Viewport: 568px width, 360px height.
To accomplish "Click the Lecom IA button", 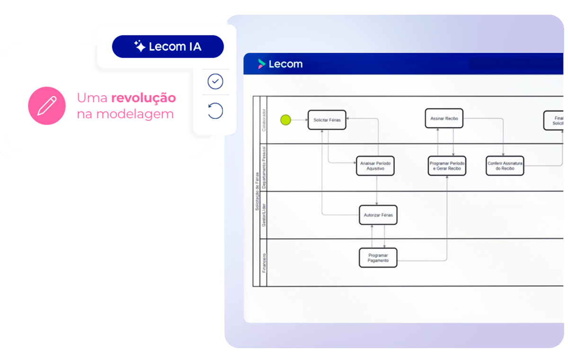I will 168,46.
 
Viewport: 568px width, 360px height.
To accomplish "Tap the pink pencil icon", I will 46,106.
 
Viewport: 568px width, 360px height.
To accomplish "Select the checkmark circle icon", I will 215,82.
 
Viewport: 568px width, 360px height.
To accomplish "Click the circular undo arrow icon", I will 215,111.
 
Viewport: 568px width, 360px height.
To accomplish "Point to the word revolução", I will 143,98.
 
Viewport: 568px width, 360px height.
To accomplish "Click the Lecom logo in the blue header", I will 280,64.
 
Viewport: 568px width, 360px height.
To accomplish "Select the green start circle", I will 285,120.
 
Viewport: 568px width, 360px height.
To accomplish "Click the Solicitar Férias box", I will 327,120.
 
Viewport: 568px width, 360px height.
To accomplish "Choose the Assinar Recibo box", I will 444,118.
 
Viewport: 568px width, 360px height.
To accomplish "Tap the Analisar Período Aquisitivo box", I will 375,166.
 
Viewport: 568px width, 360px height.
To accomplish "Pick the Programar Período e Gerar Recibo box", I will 447,166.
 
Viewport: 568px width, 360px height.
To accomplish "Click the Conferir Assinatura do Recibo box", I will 505,166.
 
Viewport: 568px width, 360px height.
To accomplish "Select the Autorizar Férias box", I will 378,215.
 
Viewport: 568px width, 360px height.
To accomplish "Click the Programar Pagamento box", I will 378,257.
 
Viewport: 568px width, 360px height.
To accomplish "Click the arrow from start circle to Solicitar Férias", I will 299,120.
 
